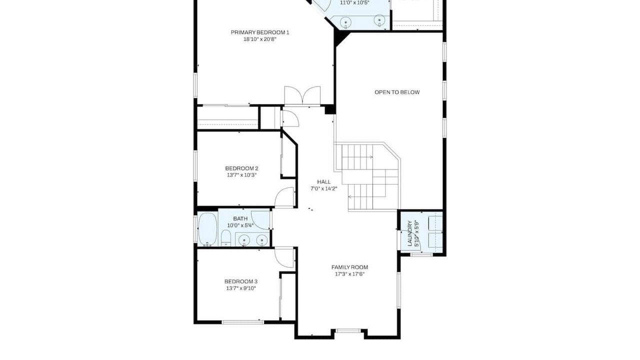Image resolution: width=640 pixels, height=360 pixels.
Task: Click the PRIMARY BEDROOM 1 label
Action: click(x=260, y=32)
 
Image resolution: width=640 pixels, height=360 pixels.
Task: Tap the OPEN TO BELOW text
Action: click(x=397, y=92)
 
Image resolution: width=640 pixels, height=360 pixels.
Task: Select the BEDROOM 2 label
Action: click(x=241, y=168)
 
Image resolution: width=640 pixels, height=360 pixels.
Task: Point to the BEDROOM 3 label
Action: click(x=241, y=281)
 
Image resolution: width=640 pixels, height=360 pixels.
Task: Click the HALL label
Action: click(x=324, y=182)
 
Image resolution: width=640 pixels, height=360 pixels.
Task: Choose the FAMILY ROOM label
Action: click(x=349, y=267)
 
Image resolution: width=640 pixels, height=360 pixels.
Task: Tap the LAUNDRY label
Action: click(x=409, y=233)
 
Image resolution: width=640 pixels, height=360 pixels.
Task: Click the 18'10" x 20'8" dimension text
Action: click(x=260, y=39)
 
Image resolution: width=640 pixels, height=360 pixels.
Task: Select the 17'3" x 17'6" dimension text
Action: click(x=349, y=274)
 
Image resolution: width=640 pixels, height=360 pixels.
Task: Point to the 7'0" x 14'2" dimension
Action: click(x=324, y=189)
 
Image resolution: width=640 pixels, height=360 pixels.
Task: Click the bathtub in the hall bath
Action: click(x=207, y=229)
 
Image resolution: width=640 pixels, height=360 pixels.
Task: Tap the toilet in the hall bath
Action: click(x=225, y=238)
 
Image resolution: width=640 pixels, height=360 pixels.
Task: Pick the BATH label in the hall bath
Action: click(x=240, y=219)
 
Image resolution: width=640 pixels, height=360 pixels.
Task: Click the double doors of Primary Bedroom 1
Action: click(x=302, y=95)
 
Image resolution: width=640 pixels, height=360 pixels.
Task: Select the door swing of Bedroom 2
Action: click(x=284, y=197)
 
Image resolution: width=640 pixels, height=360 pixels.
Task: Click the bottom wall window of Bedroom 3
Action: click(x=243, y=322)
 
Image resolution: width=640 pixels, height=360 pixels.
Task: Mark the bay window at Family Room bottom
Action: click(x=348, y=331)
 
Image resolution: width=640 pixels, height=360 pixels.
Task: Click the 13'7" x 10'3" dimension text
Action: click(x=241, y=175)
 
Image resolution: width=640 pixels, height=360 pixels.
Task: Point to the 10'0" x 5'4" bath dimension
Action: click(x=240, y=225)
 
